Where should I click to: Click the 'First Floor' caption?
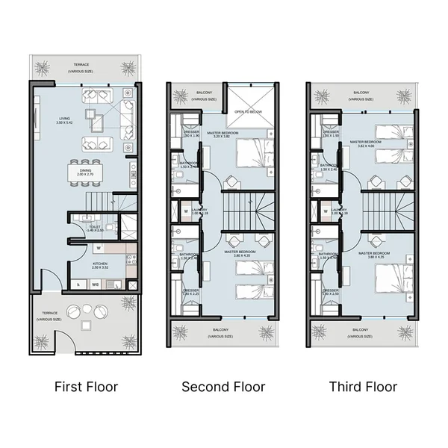(86, 387)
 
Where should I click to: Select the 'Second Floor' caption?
(223, 387)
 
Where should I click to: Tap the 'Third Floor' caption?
(363, 387)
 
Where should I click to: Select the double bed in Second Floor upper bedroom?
(253, 155)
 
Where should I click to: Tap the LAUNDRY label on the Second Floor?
(199, 212)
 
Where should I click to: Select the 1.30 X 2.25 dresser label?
(190, 292)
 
